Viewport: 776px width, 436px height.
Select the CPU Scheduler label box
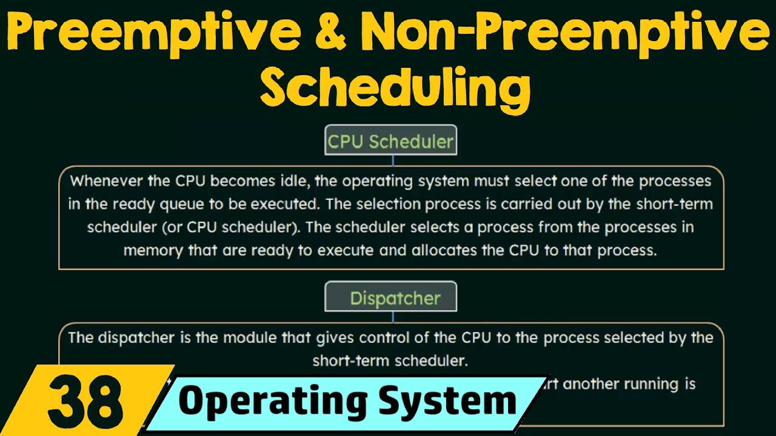pos(390,141)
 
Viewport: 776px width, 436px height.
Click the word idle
pos(319,181)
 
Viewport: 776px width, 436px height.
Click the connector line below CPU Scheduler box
pos(393,160)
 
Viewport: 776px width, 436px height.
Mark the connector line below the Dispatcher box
pos(393,318)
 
